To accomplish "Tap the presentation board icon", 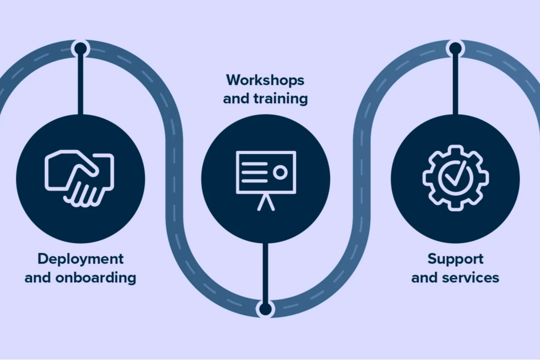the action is click(266, 179).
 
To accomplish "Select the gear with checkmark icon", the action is click(455, 178).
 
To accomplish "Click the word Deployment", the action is click(81, 259).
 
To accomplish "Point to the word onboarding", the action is click(96, 278).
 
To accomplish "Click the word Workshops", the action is click(265, 80).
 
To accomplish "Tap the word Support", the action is click(455, 259).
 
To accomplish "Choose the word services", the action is click(470, 278).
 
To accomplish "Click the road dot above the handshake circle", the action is click(81, 48).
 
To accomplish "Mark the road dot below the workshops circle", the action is click(265, 309).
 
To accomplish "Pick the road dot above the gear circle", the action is click(455, 48).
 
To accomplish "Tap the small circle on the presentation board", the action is click(281, 173).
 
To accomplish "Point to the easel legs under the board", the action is click(266, 203).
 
